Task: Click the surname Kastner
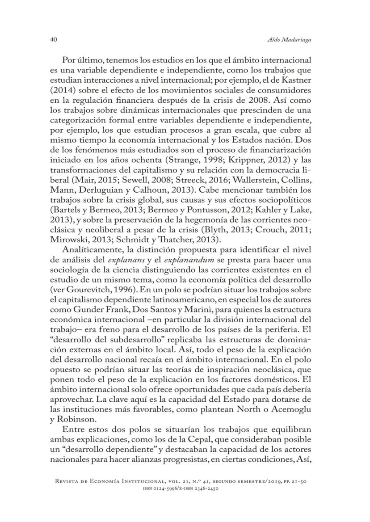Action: point(296,80)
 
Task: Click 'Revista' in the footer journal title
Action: point(68,482)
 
